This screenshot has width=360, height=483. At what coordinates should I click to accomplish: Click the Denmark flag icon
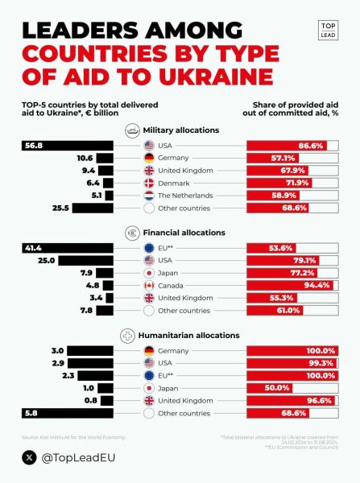click(x=149, y=183)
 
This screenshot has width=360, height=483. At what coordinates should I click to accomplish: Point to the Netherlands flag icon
click(x=149, y=196)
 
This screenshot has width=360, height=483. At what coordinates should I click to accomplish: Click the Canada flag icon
click(x=149, y=284)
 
